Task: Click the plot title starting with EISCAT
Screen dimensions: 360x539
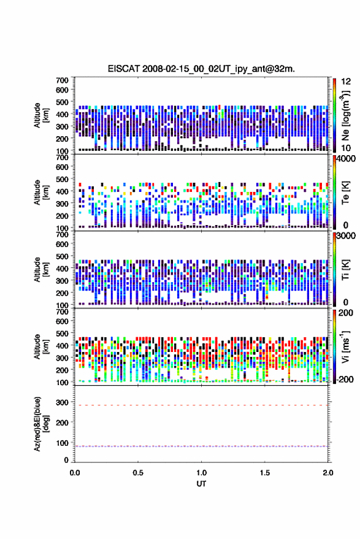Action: pos(201,69)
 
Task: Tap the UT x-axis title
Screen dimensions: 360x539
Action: pos(201,484)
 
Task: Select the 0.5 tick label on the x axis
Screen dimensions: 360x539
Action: pos(138,473)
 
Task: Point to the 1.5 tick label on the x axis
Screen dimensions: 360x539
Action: pos(265,473)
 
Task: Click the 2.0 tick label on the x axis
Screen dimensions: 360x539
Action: pos(328,473)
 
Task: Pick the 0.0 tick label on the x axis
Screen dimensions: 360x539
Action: pos(75,473)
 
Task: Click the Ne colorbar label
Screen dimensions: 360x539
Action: pos(345,115)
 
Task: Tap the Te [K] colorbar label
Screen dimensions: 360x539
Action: pos(345,193)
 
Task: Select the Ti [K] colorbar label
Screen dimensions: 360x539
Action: pos(345,270)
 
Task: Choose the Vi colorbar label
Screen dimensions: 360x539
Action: pos(345,346)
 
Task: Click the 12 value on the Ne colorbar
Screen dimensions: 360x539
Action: pos(346,82)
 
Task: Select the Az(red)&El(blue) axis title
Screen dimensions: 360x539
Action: pos(41,424)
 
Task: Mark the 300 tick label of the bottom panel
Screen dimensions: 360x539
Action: pos(62,402)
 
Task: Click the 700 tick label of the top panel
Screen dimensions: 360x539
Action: pos(62,80)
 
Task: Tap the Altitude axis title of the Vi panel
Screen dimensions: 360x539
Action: pos(41,346)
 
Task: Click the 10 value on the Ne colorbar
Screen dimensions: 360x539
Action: pos(346,148)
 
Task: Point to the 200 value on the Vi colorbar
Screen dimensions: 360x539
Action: pos(346,313)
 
